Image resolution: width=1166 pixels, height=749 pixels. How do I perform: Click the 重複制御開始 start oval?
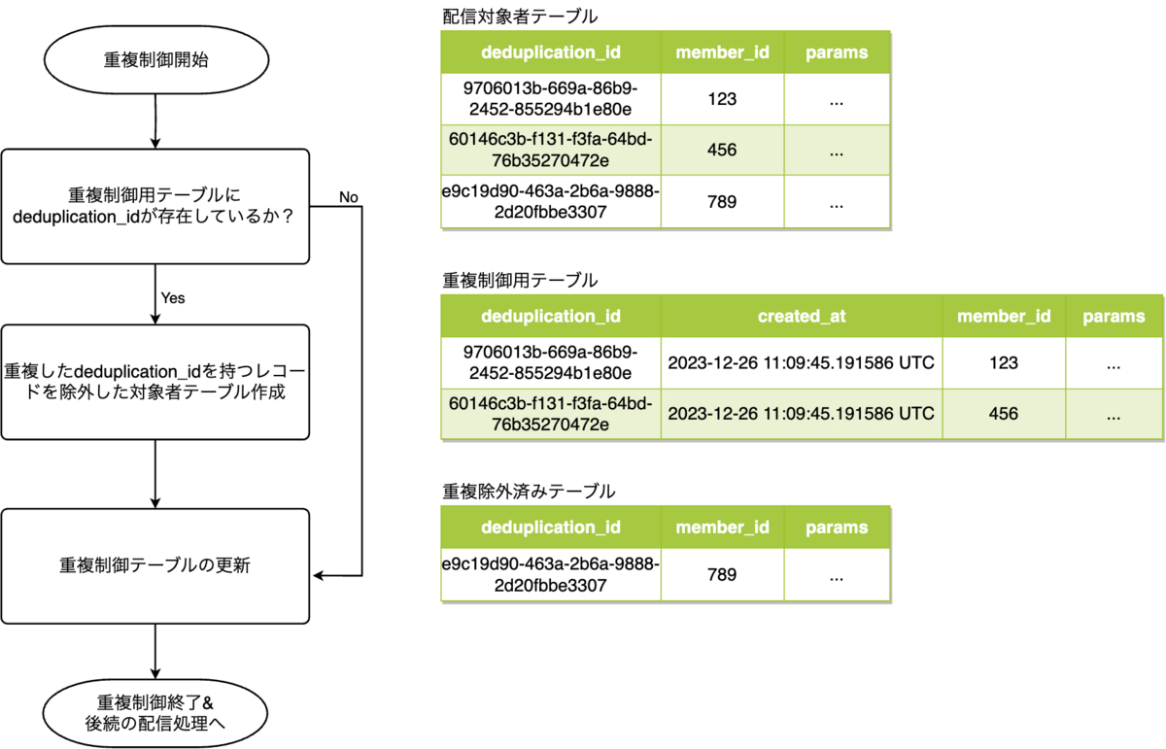[155, 59]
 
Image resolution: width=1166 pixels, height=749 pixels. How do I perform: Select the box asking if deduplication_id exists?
[155, 207]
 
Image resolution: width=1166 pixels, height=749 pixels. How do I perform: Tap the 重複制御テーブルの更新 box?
[155, 564]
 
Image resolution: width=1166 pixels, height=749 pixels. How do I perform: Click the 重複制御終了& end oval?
[155, 713]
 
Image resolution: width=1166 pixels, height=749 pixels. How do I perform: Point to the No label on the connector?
[348, 197]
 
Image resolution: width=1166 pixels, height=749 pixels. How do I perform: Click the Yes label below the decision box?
[173, 298]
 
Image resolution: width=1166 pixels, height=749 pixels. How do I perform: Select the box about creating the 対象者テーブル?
[155, 382]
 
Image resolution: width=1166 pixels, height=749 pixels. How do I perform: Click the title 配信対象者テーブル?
[520, 17]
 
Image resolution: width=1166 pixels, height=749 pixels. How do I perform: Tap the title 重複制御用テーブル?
[520, 280]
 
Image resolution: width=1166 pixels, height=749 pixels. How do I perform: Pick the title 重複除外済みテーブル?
[529, 492]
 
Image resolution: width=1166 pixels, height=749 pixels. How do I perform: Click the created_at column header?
[802, 316]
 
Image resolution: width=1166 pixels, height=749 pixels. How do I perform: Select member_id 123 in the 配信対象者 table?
[723, 99]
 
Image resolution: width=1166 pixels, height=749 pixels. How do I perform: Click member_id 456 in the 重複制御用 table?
[1003, 414]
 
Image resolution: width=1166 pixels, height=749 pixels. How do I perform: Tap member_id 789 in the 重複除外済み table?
[723, 575]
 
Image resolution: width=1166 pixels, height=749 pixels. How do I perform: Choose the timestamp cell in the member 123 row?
[802, 363]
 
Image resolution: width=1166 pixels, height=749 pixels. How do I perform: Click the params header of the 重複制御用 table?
[1113, 316]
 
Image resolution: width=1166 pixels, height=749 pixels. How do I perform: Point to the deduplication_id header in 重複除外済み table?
[551, 528]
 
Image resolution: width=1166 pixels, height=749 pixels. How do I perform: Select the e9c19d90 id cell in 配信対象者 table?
[551, 202]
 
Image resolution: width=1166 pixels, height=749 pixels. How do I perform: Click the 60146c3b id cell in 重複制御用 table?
[551, 414]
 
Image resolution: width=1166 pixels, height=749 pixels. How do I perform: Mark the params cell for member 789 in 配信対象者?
[837, 202]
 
